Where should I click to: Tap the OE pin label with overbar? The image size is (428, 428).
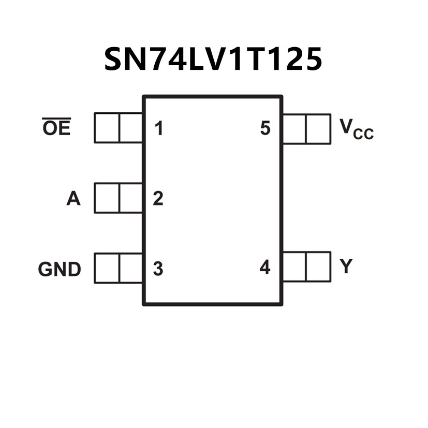pyautogui.click(x=56, y=127)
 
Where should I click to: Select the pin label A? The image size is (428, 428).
pyautogui.click(x=73, y=199)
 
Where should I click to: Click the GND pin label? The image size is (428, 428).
pyautogui.click(x=60, y=270)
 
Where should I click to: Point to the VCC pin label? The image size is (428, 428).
pyautogui.click(x=356, y=129)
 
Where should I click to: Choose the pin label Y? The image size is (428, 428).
pyautogui.click(x=346, y=267)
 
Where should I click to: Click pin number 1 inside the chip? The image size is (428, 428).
pyautogui.click(x=159, y=128)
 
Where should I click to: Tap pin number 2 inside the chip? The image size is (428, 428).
pyautogui.click(x=158, y=199)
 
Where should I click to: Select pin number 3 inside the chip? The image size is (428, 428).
pyautogui.click(x=158, y=269)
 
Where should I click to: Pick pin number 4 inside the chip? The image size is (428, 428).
pyautogui.click(x=265, y=268)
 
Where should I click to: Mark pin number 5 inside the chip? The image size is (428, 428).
pyautogui.click(x=265, y=128)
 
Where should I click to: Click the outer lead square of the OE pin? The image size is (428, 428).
pyautogui.click(x=107, y=128)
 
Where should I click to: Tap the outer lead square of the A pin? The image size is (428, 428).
pyautogui.click(x=107, y=198)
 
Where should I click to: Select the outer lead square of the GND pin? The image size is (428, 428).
pyautogui.click(x=107, y=268)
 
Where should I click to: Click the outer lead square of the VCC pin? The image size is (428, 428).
pyautogui.click(x=318, y=129)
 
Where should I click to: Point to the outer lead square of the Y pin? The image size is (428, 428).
pyautogui.click(x=318, y=267)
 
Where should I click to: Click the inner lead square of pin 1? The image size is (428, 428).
pyautogui.click(x=131, y=128)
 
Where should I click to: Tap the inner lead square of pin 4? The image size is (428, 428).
pyautogui.click(x=294, y=267)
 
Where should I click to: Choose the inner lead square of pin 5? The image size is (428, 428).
pyautogui.click(x=294, y=129)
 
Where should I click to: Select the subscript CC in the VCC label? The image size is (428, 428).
pyautogui.click(x=363, y=135)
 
